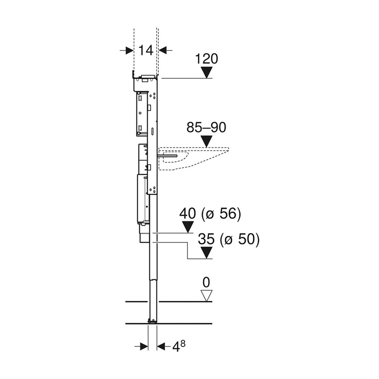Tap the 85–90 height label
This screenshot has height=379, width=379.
pyautogui.click(x=206, y=128)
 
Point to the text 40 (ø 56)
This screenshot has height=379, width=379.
pyautogui.click(x=210, y=214)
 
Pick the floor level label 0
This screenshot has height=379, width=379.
pyautogui.click(x=206, y=282)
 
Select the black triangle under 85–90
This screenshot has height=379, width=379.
pyautogui.click(x=206, y=142)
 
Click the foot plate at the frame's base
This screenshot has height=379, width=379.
pyautogui.click(x=152, y=321)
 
